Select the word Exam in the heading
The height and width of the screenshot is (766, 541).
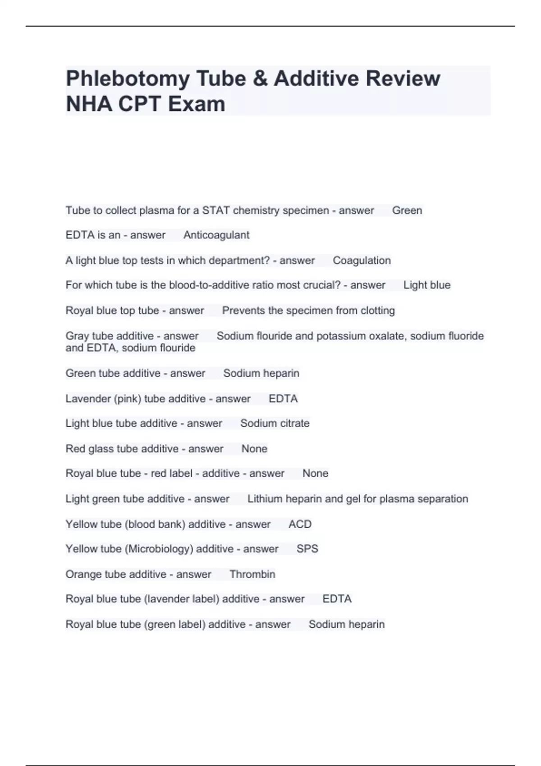tap(197, 104)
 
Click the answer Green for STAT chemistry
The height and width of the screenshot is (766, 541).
tap(407, 210)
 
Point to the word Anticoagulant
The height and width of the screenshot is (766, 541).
tap(216, 235)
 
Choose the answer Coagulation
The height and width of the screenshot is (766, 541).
tap(362, 260)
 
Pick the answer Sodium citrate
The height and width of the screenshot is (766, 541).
tap(275, 424)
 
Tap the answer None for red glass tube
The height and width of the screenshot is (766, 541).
tap(254, 449)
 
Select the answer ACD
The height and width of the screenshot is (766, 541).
tap(300, 524)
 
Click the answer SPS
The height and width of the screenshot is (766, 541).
tap(307, 549)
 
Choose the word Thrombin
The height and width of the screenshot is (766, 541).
tap(252, 574)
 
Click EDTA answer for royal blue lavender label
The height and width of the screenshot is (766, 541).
tap(337, 599)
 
